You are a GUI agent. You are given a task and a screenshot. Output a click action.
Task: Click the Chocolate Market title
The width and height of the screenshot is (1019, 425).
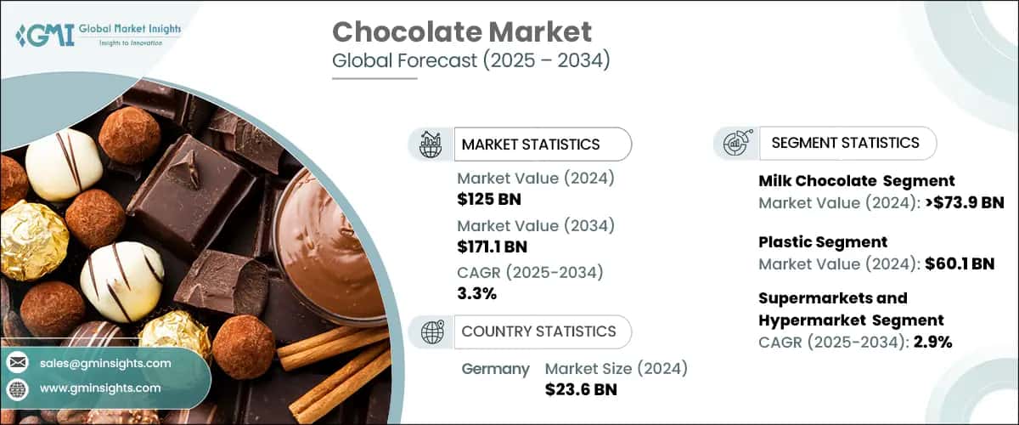(x=461, y=32)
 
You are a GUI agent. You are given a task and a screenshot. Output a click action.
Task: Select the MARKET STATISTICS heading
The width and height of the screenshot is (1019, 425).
(x=531, y=144)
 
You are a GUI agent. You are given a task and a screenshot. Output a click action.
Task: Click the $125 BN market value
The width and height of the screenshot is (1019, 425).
(x=489, y=200)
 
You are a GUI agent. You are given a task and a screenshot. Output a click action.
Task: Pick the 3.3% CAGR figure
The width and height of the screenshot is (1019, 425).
(x=476, y=294)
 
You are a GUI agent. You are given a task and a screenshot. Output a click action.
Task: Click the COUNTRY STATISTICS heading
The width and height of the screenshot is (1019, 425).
(x=538, y=331)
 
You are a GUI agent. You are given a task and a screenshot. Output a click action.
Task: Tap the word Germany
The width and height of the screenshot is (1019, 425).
(x=495, y=369)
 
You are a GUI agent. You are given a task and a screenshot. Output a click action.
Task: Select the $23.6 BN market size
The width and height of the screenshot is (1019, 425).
(x=581, y=390)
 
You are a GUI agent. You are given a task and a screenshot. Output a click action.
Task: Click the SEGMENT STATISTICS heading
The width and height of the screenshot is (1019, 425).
(x=845, y=143)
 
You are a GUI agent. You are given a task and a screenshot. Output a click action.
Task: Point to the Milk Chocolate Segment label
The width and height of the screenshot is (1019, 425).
(x=856, y=180)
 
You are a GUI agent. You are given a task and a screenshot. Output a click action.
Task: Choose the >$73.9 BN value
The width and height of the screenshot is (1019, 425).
(x=963, y=202)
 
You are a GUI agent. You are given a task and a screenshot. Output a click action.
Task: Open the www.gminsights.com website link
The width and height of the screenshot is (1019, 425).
(x=99, y=388)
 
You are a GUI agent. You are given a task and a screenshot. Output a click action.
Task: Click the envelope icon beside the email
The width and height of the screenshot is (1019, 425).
(x=17, y=363)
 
